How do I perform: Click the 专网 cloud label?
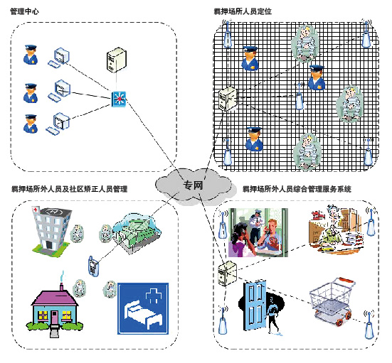pos(193,185)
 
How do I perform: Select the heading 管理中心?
pos(24,11)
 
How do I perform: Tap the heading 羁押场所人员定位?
pos(243,11)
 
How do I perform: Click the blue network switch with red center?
pos(119,99)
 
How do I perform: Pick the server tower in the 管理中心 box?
pos(116,60)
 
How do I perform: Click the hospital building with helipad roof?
pos(51,229)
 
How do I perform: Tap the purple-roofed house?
pos(54,309)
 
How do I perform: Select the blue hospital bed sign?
pos(143,308)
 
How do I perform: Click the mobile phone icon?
pos(93,266)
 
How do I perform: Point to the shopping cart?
pos(332,301)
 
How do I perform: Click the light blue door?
pos(254,305)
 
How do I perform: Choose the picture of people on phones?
pos(258,232)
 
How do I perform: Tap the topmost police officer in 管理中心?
pos(31,55)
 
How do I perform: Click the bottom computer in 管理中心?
pos(58,124)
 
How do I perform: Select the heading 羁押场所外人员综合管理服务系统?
pos(297,189)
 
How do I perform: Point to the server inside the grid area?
pos(228,99)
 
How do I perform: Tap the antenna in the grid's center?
pos(300,97)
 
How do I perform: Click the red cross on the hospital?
pos(36,210)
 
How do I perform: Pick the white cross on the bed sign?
pos(154,296)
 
